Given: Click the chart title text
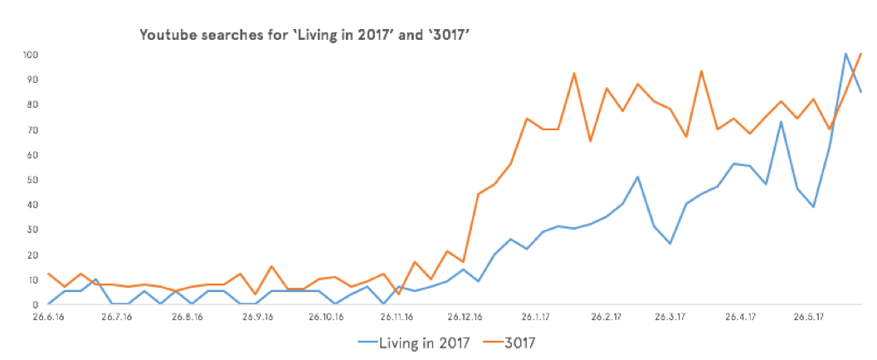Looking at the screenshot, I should tap(307, 35).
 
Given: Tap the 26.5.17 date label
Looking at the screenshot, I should tap(809, 316).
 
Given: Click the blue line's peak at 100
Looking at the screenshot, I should tap(845, 55).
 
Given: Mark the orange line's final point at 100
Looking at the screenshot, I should tap(861, 54).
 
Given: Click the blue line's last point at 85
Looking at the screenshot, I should tap(861, 91).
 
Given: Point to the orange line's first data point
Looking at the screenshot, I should tap(49, 274).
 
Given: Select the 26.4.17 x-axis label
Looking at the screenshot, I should tap(740, 316).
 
